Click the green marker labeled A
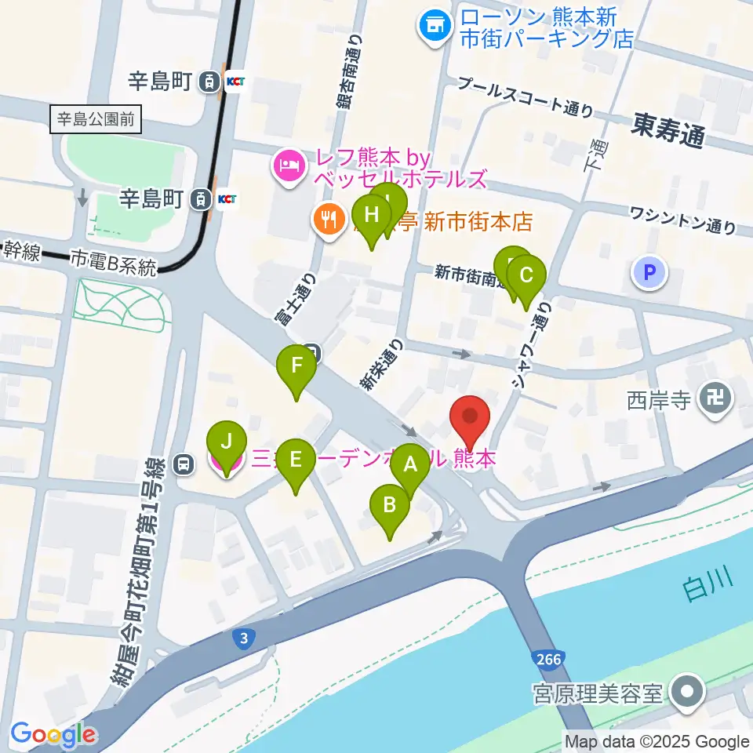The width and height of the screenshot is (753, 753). pyautogui.click(x=410, y=464)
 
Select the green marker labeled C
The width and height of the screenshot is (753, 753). pyautogui.click(x=526, y=276)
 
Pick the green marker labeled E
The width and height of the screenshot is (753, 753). pyautogui.click(x=295, y=458)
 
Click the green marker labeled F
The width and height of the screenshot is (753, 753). pyautogui.click(x=296, y=366)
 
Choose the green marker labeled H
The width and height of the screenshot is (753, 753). pyautogui.click(x=371, y=214)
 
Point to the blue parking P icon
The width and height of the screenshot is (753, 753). pyautogui.click(x=649, y=273)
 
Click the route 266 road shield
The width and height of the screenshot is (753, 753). pyautogui.click(x=549, y=659)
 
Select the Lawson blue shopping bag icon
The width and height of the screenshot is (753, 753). pyautogui.click(x=434, y=27)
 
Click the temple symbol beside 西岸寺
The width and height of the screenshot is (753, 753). pyautogui.click(x=715, y=401)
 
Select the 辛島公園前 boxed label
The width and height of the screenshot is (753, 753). pyautogui.click(x=95, y=120)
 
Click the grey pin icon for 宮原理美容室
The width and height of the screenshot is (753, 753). pyautogui.click(x=688, y=693)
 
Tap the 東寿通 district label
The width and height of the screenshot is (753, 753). pyautogui.click(x=668, y=130)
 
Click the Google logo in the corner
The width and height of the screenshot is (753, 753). pyautogui.click(x=53, y=735)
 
